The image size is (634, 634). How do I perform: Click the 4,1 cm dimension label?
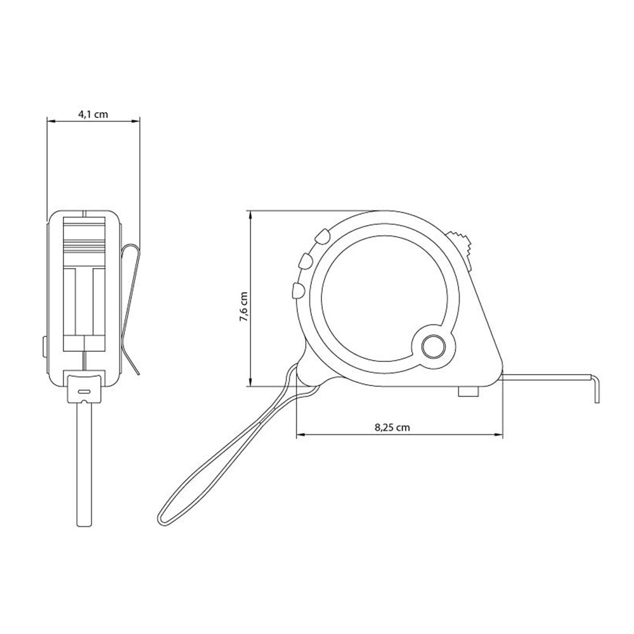coord(93,114)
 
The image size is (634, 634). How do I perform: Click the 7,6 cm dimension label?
coord(244,306)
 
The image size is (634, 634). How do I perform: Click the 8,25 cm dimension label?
coord(392,427)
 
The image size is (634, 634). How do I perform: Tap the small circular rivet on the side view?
coord(434,347)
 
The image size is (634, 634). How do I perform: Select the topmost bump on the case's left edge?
coord(322,236)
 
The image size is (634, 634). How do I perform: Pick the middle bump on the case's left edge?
coord(306,261)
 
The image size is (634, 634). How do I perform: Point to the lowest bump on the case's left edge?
coord(299,291)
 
